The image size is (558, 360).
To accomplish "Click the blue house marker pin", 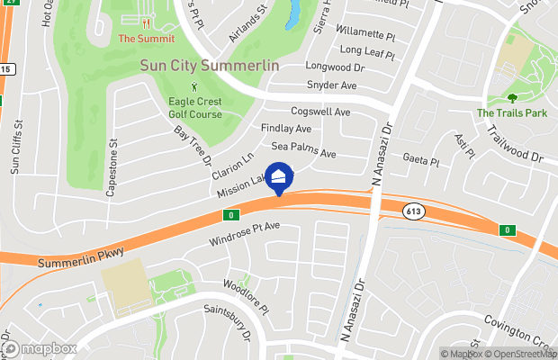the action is (x=279, y=178).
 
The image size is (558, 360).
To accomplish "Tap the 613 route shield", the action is (x=415, y=211).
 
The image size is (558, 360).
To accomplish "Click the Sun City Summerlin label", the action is (x=210, y=67).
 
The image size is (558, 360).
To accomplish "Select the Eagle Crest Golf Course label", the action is (x=194, y=108).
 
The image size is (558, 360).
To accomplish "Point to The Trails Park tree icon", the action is (x=511, y=98).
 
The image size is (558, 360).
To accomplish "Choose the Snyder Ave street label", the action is (x=333, y=85).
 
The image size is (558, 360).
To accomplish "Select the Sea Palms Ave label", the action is (x=303, y=150).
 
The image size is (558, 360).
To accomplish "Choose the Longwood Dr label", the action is (x=334, y=67).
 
